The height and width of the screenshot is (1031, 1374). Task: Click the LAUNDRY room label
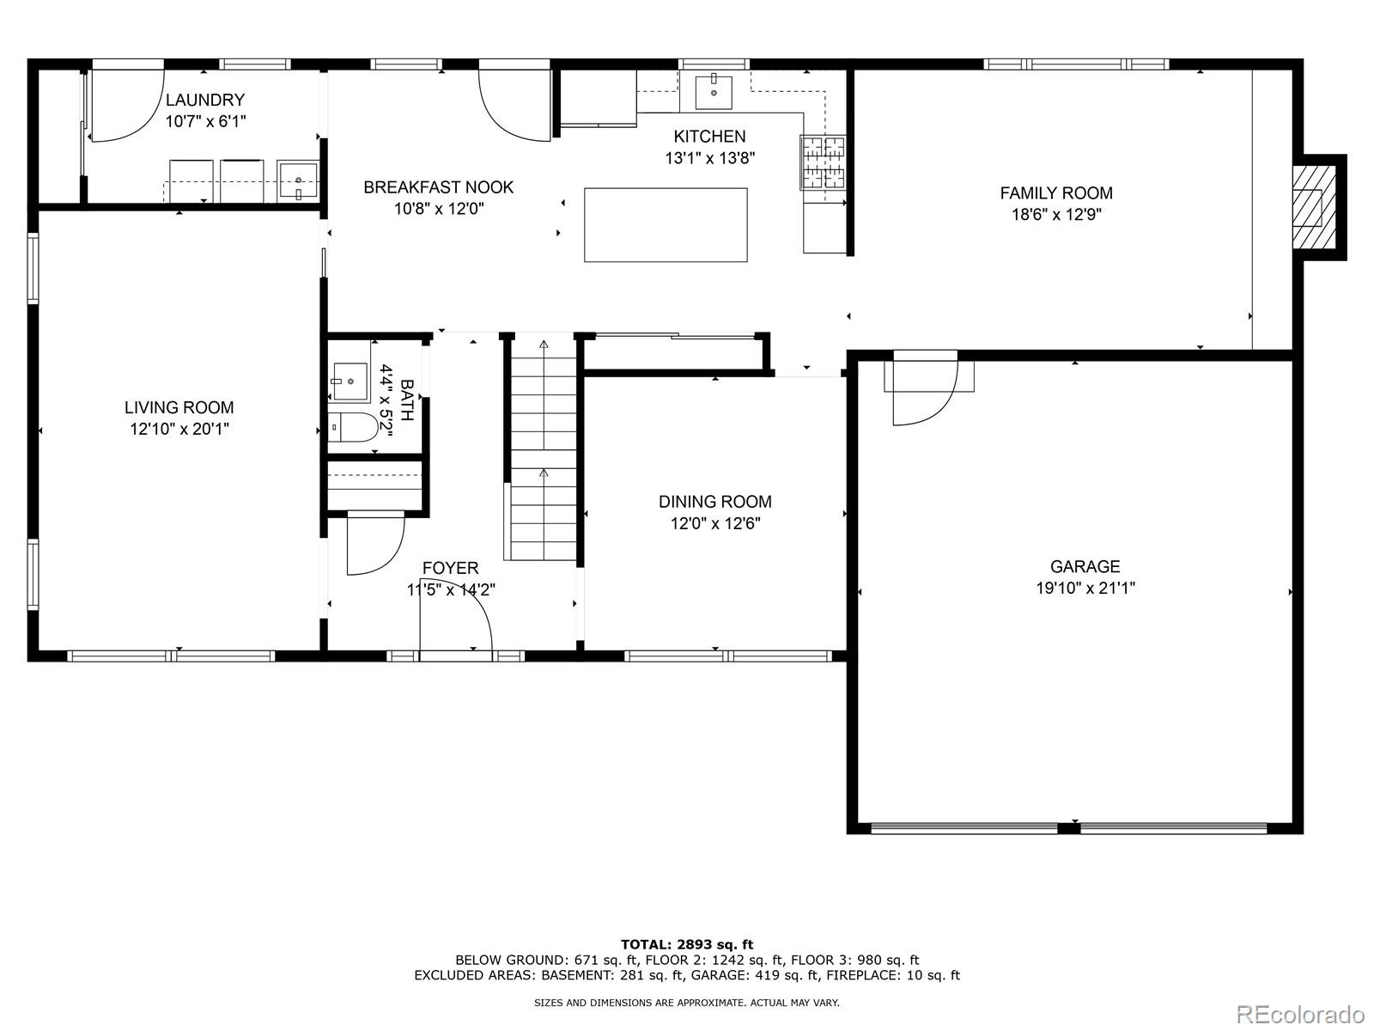point(205,100)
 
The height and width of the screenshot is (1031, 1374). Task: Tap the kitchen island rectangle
point(666,224)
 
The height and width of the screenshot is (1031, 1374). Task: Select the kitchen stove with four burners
point(823,162)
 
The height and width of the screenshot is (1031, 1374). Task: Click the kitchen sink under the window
point(714,92)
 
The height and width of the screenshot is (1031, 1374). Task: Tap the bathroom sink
point(350,380)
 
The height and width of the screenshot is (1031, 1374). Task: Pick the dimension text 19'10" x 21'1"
point(1085,589)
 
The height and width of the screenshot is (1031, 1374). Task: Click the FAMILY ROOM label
point(1056,193)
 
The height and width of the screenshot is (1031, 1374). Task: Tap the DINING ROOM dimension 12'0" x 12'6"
point(715,523)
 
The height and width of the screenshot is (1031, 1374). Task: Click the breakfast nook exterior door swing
point(513,106)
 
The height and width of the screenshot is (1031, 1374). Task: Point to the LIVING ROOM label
point(179,408)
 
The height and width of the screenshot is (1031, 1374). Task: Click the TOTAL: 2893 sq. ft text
point(687,944)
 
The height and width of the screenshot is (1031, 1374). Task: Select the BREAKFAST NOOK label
point(439,187)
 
